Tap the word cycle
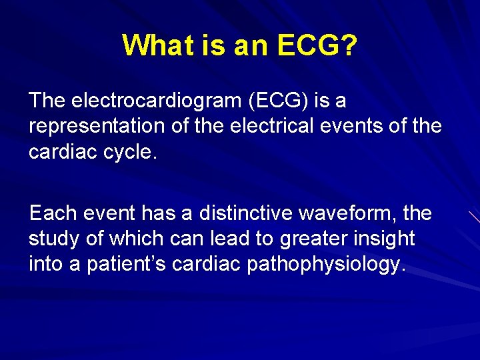(x=131, y=152)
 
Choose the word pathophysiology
(x=326, y=264)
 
